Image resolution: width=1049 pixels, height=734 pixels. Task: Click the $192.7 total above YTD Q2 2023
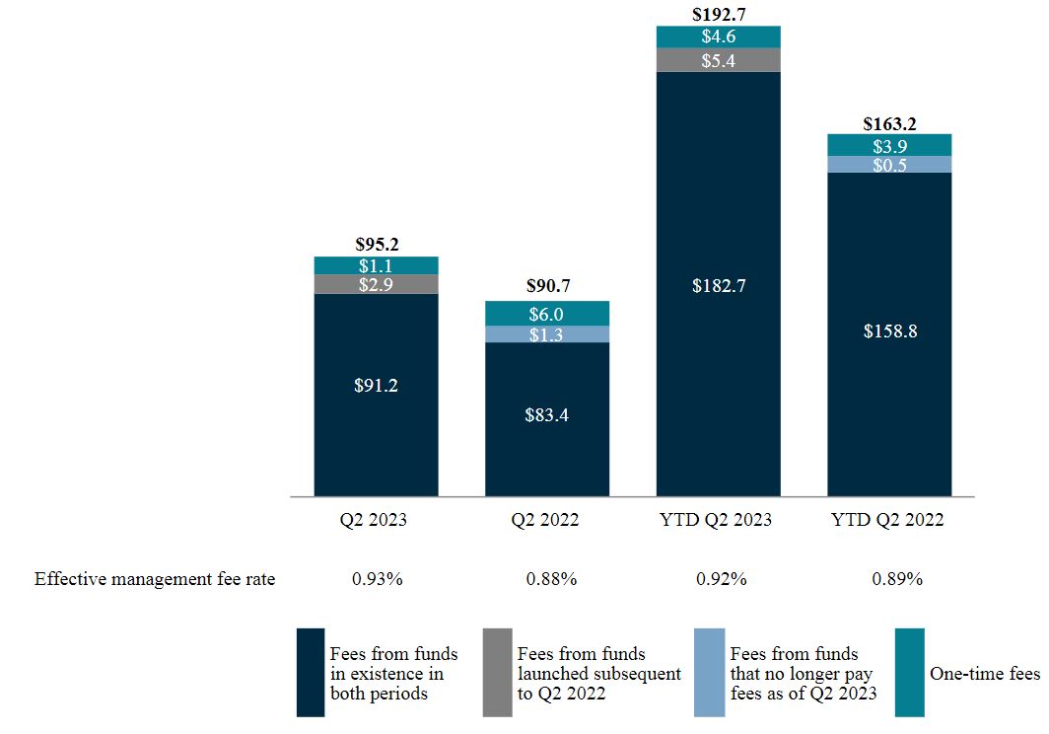coord(718,15)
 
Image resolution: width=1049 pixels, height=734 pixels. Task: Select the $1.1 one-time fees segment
coord(376,265)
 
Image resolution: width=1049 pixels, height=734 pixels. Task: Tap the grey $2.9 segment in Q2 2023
coord(376,284)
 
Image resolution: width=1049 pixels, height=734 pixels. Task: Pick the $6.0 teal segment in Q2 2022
coord(546,313)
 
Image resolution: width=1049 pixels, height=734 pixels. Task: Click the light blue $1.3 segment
coord(546,334)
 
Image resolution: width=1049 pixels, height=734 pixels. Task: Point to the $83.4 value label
coord(546,415)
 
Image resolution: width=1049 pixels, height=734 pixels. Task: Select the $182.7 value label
coord(718,286)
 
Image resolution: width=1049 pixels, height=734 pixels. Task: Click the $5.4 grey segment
coord(718,60)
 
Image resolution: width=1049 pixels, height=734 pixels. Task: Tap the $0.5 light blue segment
coord(889,165)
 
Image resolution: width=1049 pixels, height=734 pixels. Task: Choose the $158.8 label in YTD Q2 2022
coord(889,331)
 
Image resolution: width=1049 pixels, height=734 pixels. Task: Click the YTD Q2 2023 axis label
coord(718,520)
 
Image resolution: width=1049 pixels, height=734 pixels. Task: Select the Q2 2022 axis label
coord(546,520)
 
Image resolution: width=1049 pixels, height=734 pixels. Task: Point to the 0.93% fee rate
coord(377,579)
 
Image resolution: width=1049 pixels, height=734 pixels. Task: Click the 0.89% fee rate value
coord(896,579)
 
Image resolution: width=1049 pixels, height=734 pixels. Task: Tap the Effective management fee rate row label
coord(155,579)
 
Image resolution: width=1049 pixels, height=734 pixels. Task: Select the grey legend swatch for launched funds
coord(497,672)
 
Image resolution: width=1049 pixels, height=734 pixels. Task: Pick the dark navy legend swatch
coord(310,672)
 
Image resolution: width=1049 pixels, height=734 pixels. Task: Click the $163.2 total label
coord(889,124)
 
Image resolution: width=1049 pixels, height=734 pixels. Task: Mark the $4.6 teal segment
coord(718,37)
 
